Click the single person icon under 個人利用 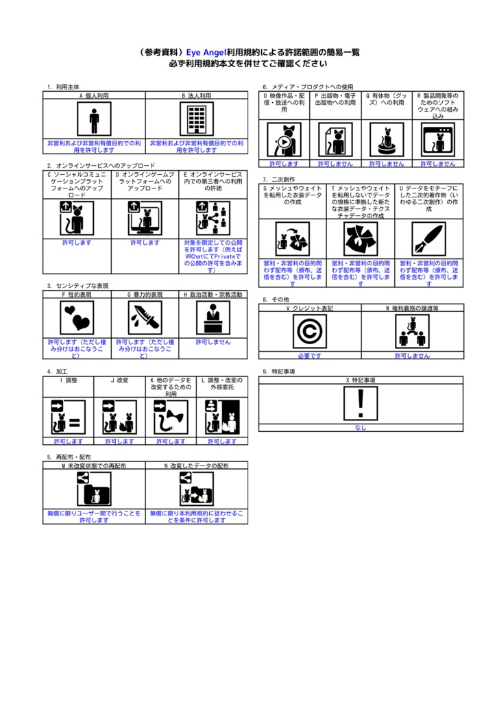[x=94, y=120]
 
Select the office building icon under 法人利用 [x=197, y=120]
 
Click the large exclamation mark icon [x=361, y=403]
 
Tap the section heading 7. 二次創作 [x=280, y=179]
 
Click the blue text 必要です [x=310, y=356]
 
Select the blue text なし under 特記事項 [x=361, y=428]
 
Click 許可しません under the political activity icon [x=213, y=341]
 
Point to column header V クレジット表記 [x=310, y=308]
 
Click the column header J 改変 [x=119, y=380]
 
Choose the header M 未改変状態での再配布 [x=94, y=465]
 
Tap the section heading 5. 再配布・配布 [x=69, y=457]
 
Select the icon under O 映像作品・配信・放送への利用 [x=284, y=140]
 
